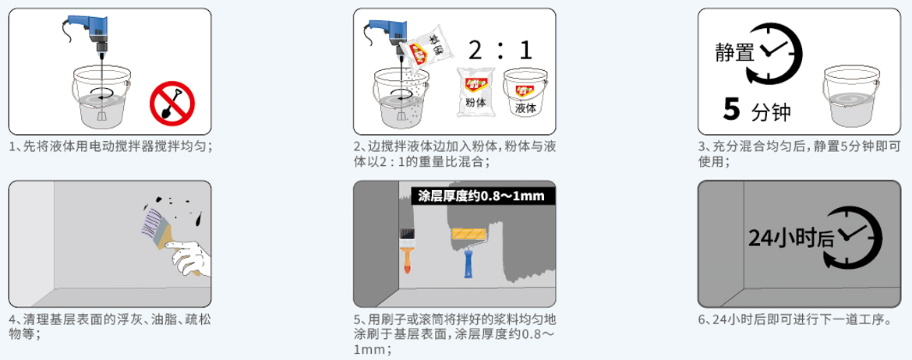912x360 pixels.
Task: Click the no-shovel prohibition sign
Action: (171, 101)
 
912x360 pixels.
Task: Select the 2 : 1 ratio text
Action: (500, 51)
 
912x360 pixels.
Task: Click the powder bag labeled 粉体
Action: (476, 92)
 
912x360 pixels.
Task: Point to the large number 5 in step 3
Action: (731, 110)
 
